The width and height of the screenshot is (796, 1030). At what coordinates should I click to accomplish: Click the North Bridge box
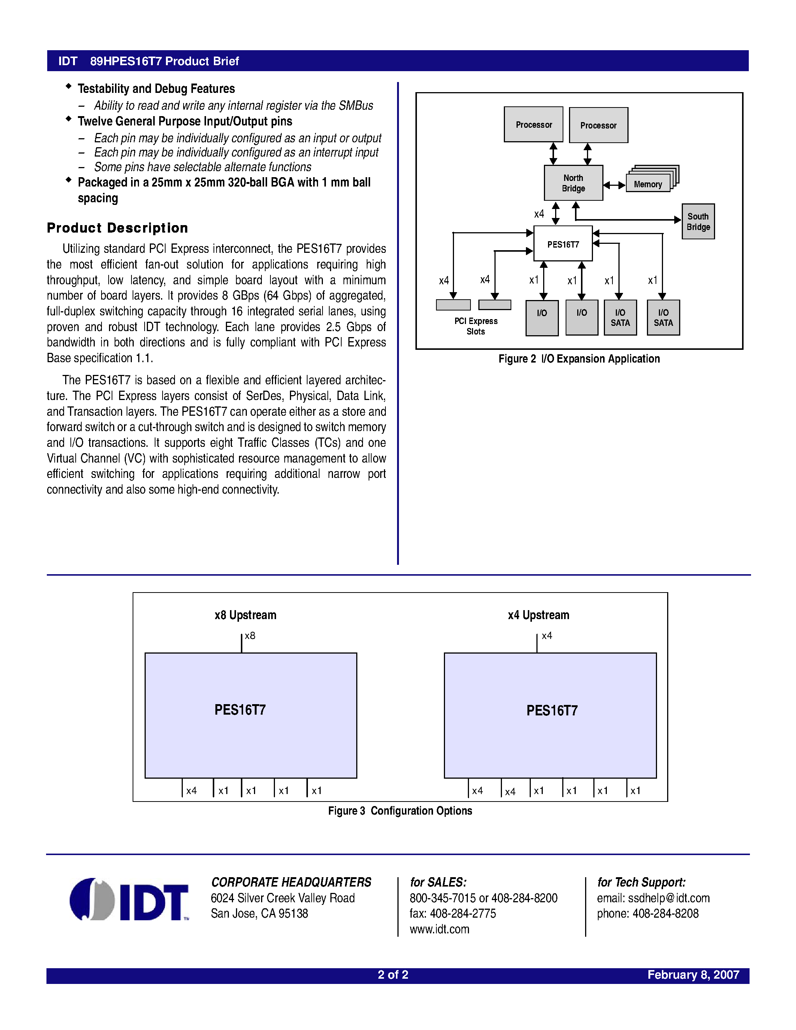[x=573, y=183]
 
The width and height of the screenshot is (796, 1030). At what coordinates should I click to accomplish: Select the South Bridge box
[x=698, y=222]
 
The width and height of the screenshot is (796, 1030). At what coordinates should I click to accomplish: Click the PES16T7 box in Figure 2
[x=563, y=244]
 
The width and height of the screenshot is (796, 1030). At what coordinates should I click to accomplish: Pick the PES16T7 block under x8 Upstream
[x=250, y=715]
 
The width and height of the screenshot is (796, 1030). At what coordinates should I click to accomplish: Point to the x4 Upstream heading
[x=538, y=615]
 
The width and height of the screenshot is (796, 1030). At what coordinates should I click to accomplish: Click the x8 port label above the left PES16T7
[x=250, y=636]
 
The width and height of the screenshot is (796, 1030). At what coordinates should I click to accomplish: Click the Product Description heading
[x=117, y=228]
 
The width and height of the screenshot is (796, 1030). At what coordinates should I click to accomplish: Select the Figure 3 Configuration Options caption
[x=400, y=811]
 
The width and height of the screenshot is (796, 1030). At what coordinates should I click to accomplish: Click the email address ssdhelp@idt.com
[x=668, y=898]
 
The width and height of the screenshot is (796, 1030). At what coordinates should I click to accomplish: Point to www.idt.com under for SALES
[x=439, y=929]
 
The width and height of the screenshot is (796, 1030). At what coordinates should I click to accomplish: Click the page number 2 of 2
[x=393, y=975]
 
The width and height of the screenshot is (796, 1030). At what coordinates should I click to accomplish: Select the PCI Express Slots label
[x=476, y=326]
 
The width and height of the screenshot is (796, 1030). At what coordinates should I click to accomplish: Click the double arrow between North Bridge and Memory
[x=614, y=185]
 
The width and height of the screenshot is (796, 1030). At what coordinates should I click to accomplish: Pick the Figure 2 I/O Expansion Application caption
[x=579, y=359]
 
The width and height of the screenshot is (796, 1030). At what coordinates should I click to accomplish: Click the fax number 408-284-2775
[x=462, y=914]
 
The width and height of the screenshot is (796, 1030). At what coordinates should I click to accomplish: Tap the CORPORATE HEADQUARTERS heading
[x=291, y=882]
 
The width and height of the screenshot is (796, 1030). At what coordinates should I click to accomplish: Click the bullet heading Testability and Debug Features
[x=156, y=89]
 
